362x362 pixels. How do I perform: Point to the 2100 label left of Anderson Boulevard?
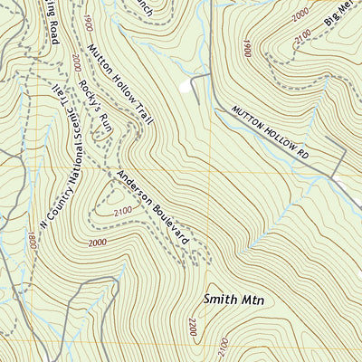point(122,210)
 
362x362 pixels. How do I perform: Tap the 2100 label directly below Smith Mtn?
point(223,348)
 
